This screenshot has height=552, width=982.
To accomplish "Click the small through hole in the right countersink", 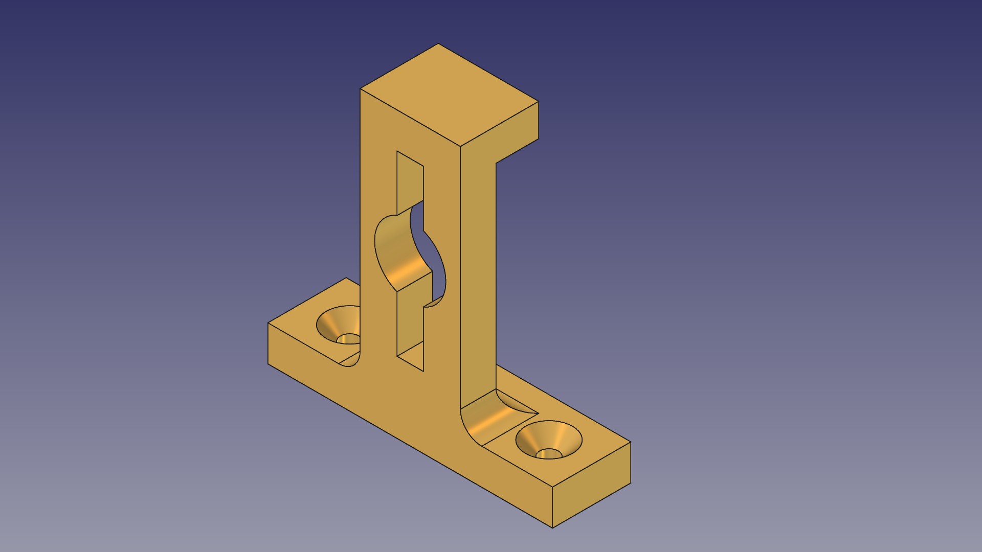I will pyautogui.click(x=549, y=454).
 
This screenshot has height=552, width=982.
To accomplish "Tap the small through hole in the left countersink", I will pyautogui.click(x=349, y=339).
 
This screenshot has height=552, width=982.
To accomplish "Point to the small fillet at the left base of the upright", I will pyautogui.click(x=352, y=360).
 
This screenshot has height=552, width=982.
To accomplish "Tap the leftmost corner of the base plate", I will pyautogui.click(x=268, y=323).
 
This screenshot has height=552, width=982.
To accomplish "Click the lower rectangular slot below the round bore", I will pyautogui.click(x=410, y=327).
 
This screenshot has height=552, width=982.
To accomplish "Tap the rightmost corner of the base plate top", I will pyautogui.click(x=631, y=443).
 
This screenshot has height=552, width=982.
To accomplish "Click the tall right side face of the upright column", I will pyautogui.click(x=478, y=276).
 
